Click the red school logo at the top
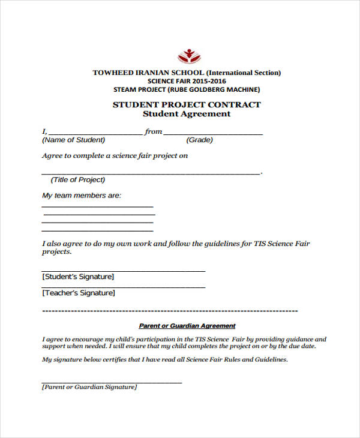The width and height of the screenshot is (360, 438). point(186,56)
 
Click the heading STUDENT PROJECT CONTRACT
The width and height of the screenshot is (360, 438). point(187,104)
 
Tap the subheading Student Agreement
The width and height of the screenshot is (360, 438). point(187,114)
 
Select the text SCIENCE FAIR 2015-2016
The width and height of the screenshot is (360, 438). point(186,81)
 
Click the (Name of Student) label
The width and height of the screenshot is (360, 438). point(73,140)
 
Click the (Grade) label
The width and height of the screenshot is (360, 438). point(200,140)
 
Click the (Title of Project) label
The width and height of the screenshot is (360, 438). point(78,179)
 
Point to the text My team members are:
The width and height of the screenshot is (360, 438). point(82,196)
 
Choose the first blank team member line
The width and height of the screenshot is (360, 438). point(97,206)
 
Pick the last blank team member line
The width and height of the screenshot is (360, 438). point(97,230)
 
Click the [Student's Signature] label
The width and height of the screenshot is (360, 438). point(78,277)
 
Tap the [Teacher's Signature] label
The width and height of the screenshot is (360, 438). point(79,293)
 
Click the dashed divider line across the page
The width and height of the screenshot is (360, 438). point(170,311)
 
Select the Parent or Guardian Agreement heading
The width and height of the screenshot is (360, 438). point(187,326)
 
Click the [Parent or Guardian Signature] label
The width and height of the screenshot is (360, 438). point(89,387)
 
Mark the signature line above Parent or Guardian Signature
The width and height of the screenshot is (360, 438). point(112,382)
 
